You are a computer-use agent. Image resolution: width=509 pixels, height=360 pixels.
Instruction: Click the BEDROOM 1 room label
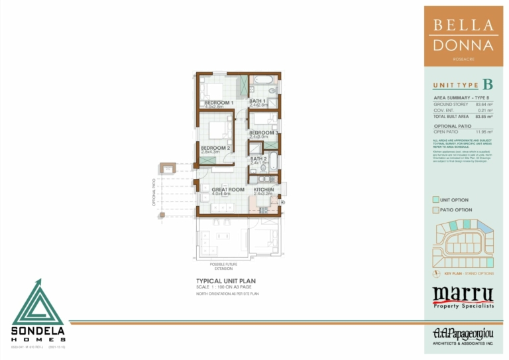pos(218,103)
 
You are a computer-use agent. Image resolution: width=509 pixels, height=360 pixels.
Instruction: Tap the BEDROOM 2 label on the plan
pos(215,148)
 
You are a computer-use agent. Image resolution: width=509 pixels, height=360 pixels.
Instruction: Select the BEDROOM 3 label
pos(264,133)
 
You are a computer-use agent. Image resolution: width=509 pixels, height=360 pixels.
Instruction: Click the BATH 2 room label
pos(258,159)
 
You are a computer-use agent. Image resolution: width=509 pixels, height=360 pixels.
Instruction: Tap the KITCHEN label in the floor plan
pos(264,190)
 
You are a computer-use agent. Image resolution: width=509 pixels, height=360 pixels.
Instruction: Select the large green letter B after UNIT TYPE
pos(487,84)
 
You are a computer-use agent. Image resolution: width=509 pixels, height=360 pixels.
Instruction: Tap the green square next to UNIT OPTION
pos(435,199)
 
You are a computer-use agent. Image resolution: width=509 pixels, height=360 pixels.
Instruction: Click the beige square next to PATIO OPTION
pos(435,210)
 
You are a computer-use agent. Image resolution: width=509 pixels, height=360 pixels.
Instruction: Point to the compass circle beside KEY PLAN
pos(435,273)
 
